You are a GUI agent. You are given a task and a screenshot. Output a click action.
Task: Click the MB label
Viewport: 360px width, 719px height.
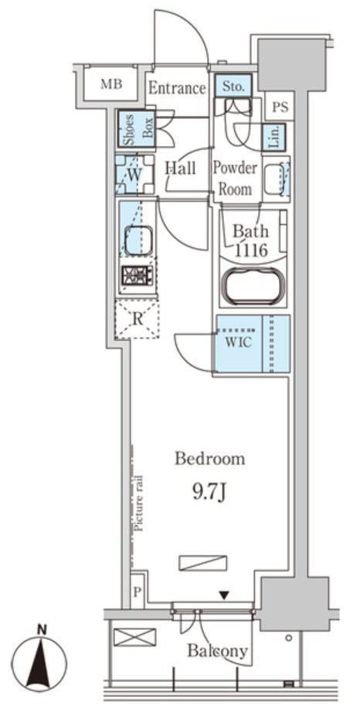point(112,84)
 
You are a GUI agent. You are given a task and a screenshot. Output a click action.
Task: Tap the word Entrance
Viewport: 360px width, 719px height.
point(177,87)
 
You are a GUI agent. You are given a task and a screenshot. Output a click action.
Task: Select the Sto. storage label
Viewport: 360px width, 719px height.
point(233,86)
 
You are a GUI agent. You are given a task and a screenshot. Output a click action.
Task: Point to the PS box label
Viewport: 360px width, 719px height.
point(280,107)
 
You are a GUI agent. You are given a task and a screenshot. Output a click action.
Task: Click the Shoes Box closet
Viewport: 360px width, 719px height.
point(136,128)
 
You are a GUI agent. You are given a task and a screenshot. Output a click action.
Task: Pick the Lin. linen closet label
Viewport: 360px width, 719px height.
point(273,137)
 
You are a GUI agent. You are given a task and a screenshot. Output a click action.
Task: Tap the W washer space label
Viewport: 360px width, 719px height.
point(134,175)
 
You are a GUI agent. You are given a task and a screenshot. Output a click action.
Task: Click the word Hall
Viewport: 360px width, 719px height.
point(180,168)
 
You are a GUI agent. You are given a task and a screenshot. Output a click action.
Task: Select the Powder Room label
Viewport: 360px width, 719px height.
point(234,178)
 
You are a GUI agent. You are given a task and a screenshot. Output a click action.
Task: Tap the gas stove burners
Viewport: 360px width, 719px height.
point(137,276)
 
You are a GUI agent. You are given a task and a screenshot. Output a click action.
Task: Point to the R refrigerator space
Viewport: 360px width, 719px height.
point(136,319)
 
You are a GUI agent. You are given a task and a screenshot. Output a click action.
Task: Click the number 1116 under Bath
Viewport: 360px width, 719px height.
point(251,251)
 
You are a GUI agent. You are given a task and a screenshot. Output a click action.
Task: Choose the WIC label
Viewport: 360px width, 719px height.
point(239,343)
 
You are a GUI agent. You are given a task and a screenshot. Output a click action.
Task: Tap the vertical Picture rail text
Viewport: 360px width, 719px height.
point(139,503)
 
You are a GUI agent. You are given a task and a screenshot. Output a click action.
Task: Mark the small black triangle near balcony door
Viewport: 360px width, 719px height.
point(224,595)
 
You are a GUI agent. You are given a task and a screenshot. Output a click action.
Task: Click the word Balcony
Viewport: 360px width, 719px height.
point(218,652)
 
